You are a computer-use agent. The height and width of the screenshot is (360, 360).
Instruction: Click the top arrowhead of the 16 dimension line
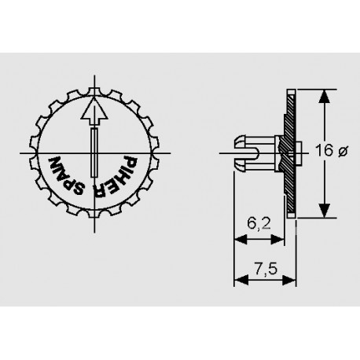(x=322, y=96)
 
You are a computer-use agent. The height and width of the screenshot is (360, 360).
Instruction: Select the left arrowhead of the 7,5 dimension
(x=239, y=282)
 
